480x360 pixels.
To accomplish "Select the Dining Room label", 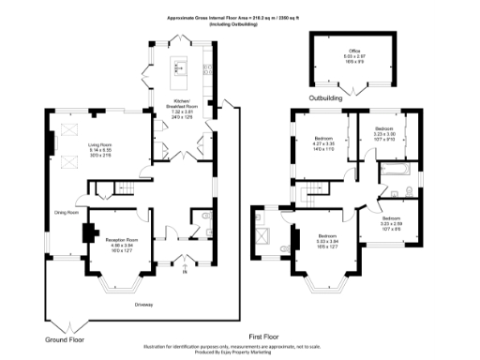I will pos(67,212).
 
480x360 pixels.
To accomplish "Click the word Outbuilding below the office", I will pos(327,97).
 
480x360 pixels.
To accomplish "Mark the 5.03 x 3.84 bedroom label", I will pos(326,238).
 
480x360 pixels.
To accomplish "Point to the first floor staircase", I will pos(312,198).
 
